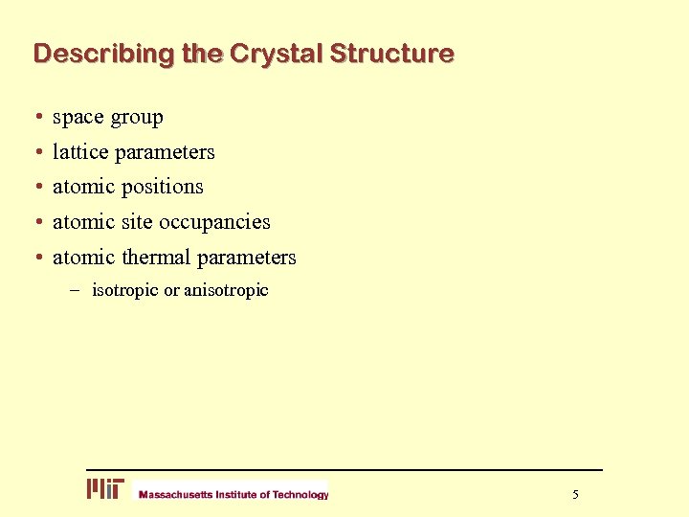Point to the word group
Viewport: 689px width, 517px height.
[x=137, y=118]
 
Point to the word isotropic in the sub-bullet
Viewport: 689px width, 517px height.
[x=125, y=290]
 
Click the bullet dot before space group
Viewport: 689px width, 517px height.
[x=37, y=118]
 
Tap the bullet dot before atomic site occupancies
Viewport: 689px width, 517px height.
[x=37, y=222]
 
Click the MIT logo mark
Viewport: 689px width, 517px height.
[x=105, y=489]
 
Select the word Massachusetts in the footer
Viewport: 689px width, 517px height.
[x=175, y=495]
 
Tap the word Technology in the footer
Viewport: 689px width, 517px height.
[x=300, y=495]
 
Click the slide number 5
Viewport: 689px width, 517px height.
[x=575, y=494]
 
